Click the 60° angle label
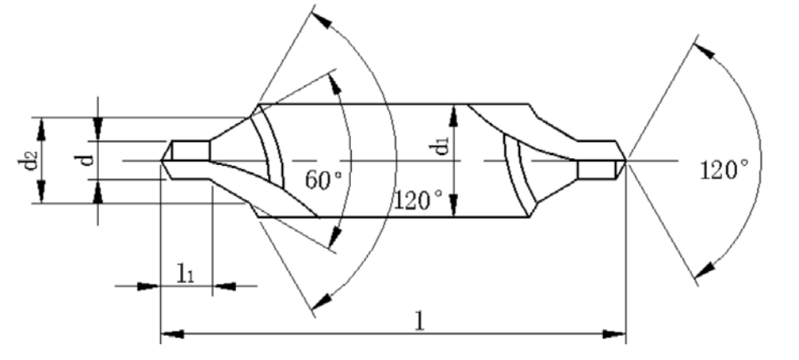coord(325,180)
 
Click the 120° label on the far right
coord(724,170)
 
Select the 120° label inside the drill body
coord(418,200)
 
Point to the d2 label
coord(28,160)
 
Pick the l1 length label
coord(185,274)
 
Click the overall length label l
coord(419,321)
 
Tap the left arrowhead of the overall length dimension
coord(172,334)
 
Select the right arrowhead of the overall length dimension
coord(615,334)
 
